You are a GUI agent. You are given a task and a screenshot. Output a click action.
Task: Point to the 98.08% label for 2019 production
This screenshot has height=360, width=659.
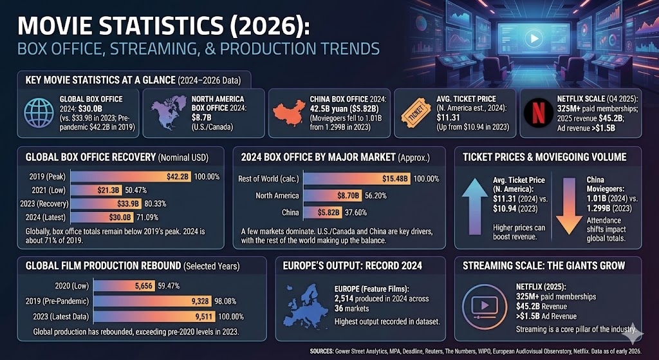tap(232, 301)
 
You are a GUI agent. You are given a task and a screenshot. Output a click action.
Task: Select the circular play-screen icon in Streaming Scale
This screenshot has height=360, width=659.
tap(484, 306)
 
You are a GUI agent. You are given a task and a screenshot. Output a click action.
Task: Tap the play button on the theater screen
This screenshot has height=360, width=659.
tap(533, 38)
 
